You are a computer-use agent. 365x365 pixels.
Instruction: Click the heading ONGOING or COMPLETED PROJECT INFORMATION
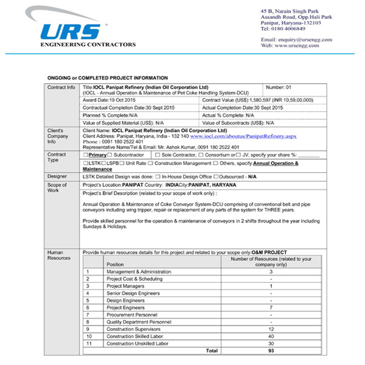(x=108, y=78)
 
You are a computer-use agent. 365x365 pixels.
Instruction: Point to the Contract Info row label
(x=61, y=88)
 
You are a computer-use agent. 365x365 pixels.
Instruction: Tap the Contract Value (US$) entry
(x=257, y=99)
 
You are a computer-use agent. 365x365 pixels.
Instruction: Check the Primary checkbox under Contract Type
(x=85, y=155)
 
